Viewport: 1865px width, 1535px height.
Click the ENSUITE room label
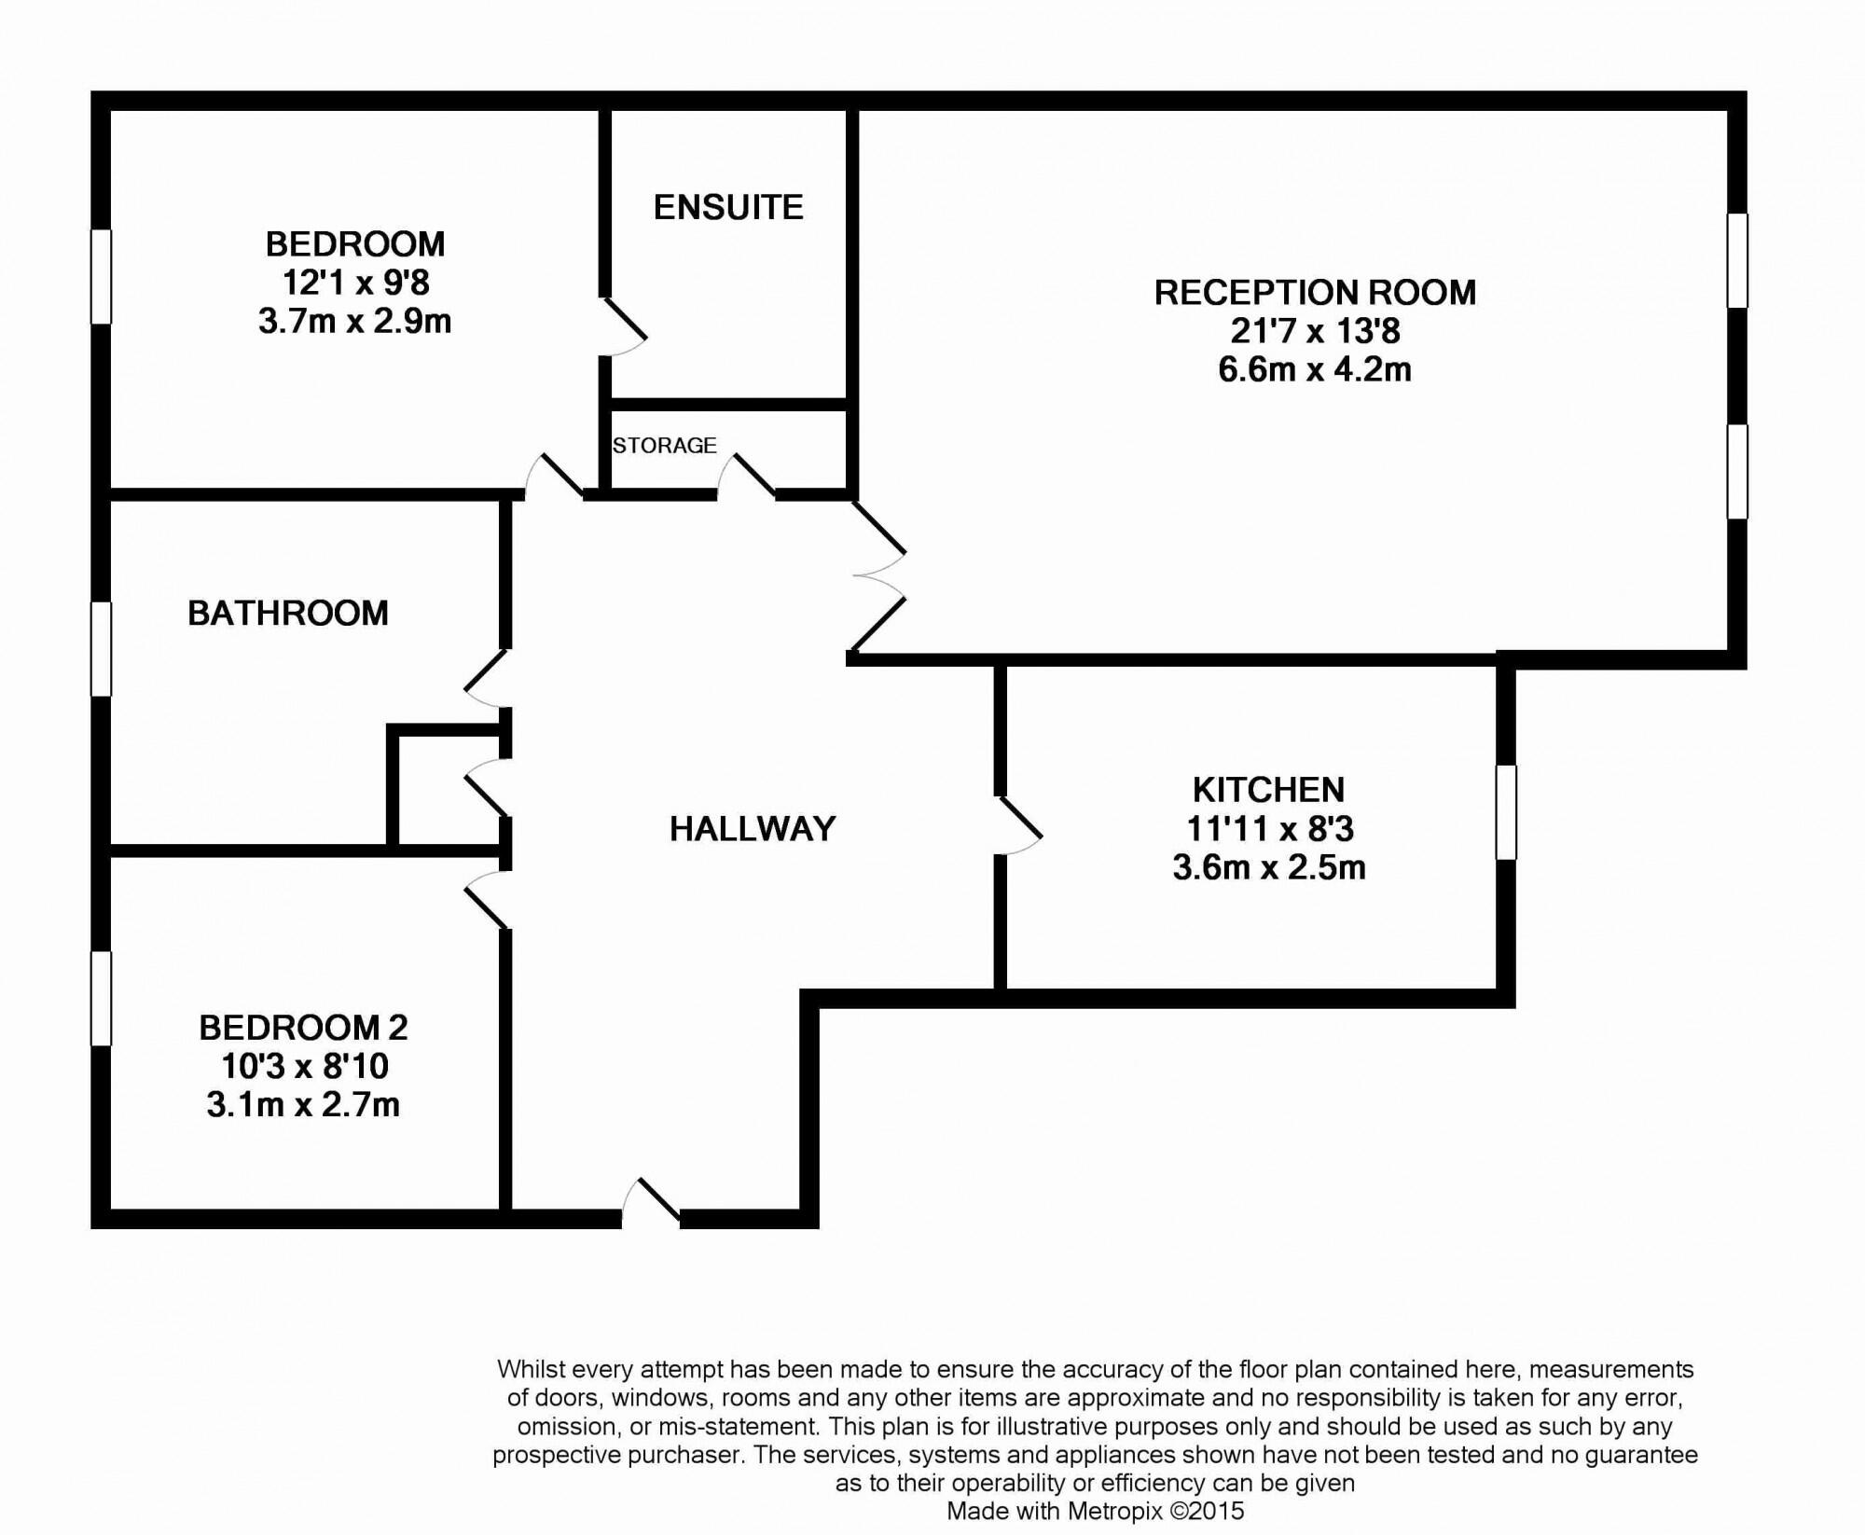click(728, 207)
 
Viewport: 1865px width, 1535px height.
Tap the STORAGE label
click(665, 446)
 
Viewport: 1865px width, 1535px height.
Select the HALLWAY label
click(753, 828)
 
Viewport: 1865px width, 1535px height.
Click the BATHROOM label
click(288, 613)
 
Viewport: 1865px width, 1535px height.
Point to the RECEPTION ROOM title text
click(1315, 293)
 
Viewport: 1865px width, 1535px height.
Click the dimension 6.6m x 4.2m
click(1315, 370)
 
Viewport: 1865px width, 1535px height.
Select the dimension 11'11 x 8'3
click(1269, 828)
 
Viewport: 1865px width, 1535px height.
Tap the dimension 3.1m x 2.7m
click(303, 1104)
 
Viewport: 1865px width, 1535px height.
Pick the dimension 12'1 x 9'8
click(355, 282)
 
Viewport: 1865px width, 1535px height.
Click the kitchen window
click(1506, 812)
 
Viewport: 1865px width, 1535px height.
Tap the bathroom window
click(101, 649)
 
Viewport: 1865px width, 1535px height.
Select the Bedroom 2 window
click(101, 998)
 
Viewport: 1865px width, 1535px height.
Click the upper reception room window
click(1737, 260)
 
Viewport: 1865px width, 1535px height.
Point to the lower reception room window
click(1737, 472)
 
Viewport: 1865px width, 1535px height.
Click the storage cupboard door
click(746, 476)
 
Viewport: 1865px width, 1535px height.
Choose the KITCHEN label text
click(1269, 790)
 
